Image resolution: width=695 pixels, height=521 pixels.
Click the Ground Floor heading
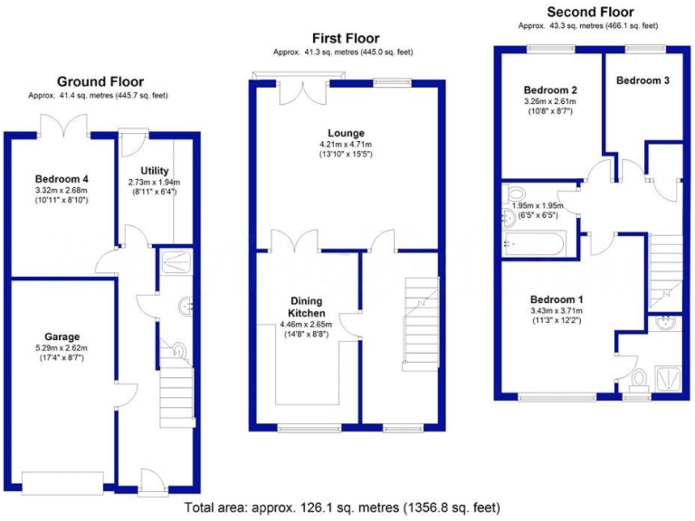[100, 81]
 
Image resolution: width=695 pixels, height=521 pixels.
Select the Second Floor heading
[590, 12]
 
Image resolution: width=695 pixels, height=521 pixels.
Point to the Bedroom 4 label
[58, 178]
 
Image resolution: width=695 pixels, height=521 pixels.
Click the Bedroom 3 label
[643, 81]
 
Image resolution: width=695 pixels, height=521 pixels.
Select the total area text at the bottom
[342, 507]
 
